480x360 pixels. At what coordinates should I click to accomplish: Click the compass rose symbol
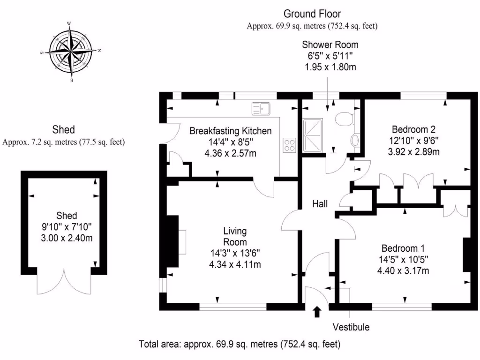71,52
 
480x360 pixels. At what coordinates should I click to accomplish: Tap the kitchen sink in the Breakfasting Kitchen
261,109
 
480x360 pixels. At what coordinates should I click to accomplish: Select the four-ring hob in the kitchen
289,145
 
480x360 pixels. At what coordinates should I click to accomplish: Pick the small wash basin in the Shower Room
355,140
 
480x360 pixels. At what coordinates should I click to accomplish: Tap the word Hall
320,204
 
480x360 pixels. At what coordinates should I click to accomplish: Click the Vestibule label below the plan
351,327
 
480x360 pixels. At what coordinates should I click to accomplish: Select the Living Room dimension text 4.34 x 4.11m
235,264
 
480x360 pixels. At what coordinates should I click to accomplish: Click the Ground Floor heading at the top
312,14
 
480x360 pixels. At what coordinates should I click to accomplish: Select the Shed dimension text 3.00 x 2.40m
67,238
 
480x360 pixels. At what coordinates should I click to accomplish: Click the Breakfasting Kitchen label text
230,131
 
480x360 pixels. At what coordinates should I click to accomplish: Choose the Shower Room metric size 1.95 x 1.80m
330,67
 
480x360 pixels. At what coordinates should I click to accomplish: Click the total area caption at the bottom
240,344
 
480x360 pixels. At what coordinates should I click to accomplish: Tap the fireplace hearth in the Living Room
182,242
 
